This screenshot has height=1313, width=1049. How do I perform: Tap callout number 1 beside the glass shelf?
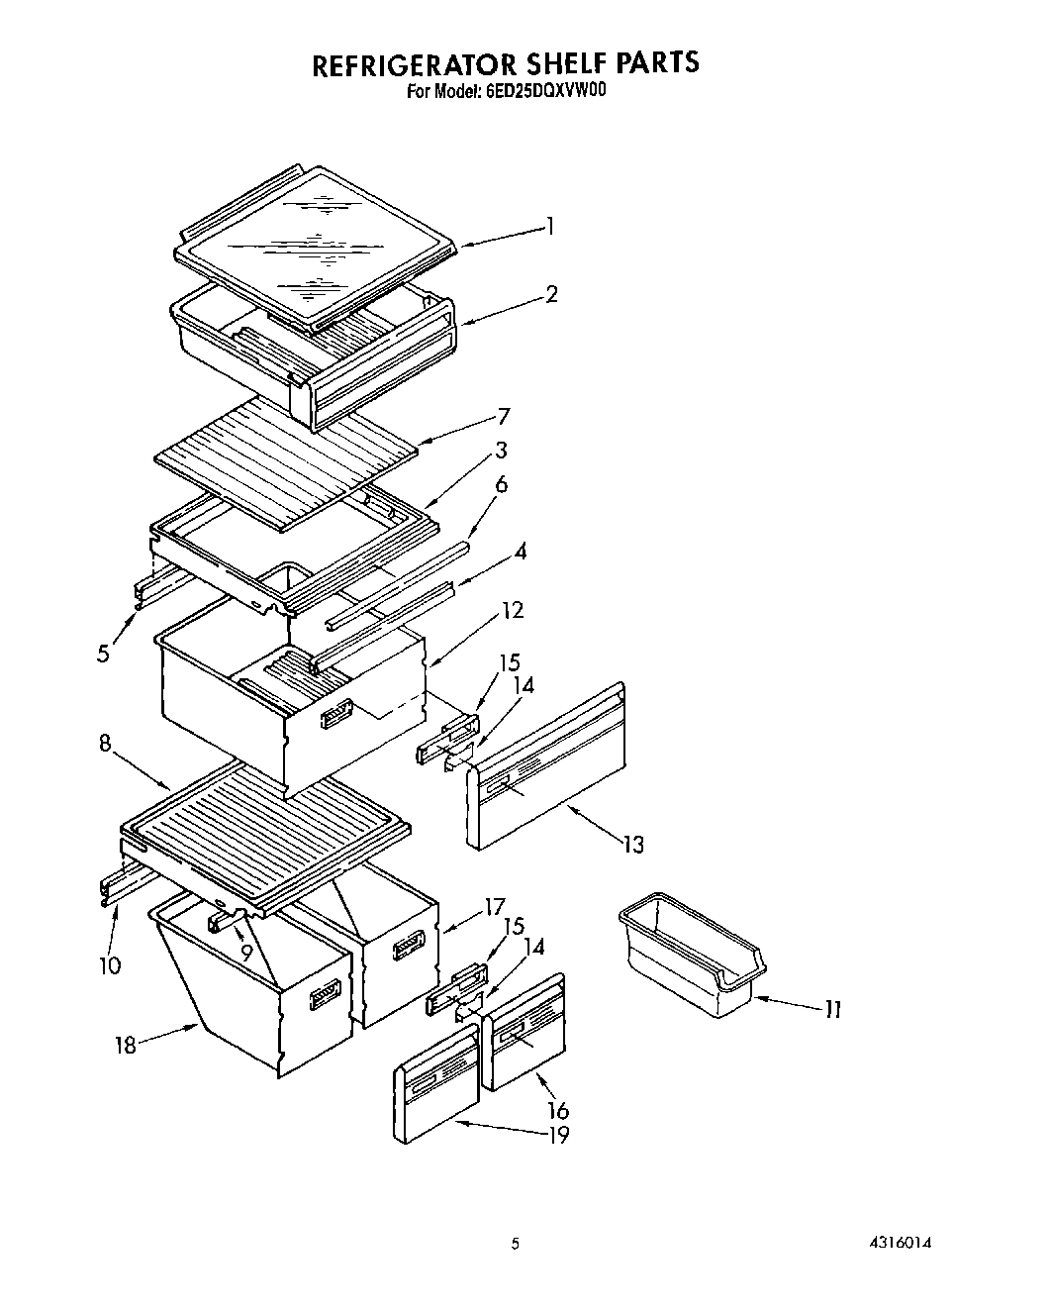550,227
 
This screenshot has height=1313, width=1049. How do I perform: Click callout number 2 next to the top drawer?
551,294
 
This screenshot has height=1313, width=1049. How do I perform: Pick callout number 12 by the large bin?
512,610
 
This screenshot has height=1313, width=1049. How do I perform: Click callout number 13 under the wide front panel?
632,844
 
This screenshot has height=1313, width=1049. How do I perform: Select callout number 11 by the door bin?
832,1009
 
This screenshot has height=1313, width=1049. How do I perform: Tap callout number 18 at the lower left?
125,1045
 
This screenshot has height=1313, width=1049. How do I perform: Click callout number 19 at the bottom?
559,1135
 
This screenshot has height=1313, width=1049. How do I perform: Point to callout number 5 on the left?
103,655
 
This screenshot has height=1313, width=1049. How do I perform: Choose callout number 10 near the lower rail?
110,964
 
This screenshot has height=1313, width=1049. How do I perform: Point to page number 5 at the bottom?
515,1245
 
